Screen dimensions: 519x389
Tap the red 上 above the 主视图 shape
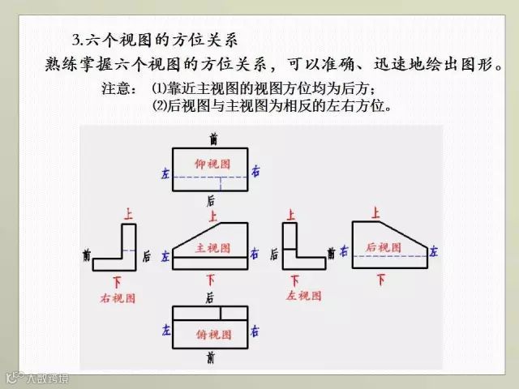[212, 216]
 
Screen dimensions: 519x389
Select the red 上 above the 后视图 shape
[375, 213]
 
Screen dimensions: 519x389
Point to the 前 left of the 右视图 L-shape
[87, 255]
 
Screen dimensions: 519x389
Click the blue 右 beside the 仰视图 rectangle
[255, 172]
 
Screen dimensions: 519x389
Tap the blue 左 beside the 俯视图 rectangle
[167, 331]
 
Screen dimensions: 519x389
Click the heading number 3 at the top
[75, 37]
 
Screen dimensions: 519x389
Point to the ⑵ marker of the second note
[158, 106]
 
